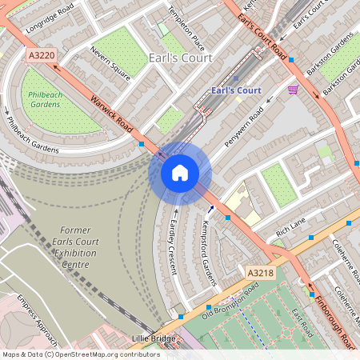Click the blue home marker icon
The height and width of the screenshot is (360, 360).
pos(180,172)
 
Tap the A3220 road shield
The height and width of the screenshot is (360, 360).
pos(41,56)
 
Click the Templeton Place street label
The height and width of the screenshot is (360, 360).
pos(186,28)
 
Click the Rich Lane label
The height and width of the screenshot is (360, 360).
pos(291,230)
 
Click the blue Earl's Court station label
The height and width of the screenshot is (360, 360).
pos(237,90)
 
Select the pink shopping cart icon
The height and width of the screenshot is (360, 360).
pos(293,90)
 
